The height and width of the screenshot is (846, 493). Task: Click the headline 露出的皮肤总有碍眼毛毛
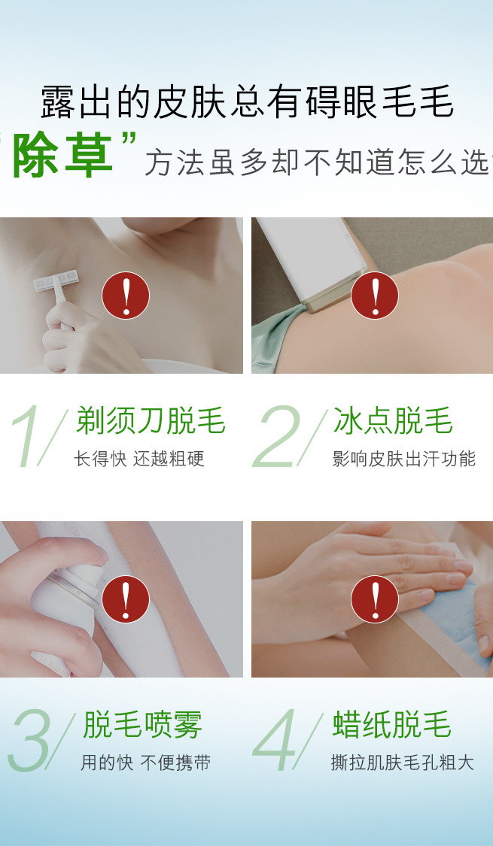(247, 102)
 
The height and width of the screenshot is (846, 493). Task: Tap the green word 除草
(62, 155)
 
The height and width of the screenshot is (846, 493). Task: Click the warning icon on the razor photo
(126, 295)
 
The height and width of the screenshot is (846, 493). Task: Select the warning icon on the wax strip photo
(375, 599)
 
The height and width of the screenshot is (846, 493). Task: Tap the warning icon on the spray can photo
(126, 599)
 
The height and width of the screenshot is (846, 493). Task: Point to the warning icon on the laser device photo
(375, 295)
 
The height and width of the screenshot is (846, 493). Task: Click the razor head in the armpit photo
(56, 280)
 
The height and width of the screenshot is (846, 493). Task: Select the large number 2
(275, 436)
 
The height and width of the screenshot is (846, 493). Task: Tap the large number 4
(275, 740)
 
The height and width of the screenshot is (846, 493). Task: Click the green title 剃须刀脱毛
(151, 420)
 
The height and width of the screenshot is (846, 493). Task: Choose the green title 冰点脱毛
(393, 420)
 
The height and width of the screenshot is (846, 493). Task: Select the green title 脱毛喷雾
(142, 724)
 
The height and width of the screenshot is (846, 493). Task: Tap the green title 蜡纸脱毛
(391, 724)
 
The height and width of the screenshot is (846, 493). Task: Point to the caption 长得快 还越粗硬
(139, 459)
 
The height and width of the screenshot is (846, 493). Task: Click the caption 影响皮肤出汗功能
(404, 459)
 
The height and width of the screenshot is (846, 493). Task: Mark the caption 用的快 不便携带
(146, 763)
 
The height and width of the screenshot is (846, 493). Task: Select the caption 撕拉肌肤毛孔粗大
(403, 763)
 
